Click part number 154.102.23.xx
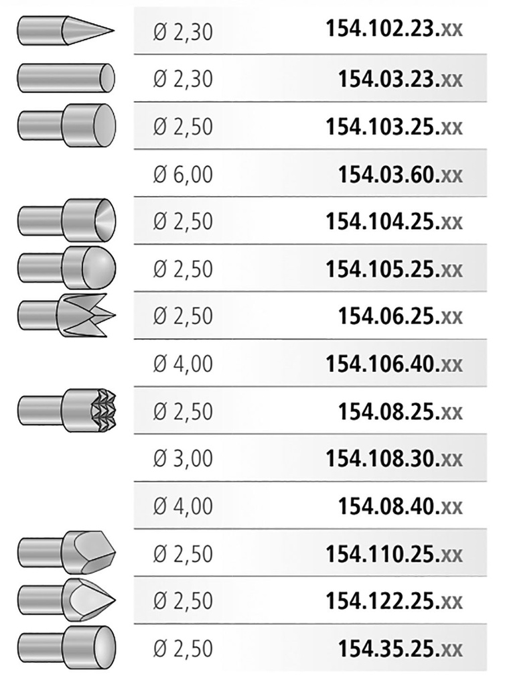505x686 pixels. pos(394,29)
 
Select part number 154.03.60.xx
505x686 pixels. pos(400,175)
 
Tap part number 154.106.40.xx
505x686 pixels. pos(394,364)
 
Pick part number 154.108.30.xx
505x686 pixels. pos(394,458)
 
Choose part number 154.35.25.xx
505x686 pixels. pos(400,648)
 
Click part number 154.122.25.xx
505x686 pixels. pos(394,601)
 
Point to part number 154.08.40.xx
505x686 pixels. pos(400,506)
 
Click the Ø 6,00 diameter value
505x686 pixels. pos(183,175)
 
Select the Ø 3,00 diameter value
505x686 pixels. pos(183,458)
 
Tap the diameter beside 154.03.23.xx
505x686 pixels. pos(183,79)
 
